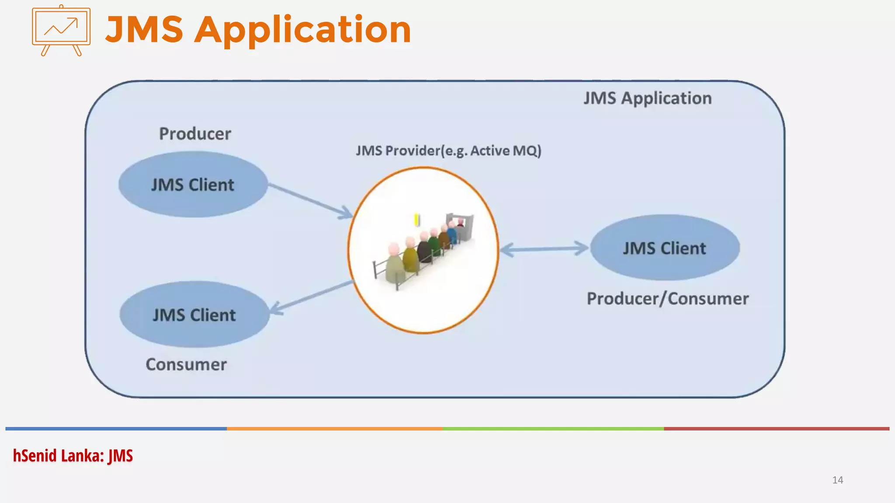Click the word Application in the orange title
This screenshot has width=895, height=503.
point(302,30)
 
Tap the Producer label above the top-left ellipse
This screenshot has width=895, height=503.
point(195,134)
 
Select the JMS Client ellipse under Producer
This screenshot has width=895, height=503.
point(193,185)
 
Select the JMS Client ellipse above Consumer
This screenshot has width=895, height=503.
point(194,315)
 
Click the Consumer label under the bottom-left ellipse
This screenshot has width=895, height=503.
point(186,365)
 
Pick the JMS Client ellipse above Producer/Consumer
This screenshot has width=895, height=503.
point(664,248)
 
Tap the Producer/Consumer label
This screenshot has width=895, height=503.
point(667,299)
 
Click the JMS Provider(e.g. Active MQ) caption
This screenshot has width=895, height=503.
point(448,151)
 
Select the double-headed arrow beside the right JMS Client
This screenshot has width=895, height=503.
point(544,249)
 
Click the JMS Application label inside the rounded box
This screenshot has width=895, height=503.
point(648,98)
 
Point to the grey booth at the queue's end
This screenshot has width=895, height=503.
point(464,225)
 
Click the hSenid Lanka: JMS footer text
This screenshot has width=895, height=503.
point(73,456)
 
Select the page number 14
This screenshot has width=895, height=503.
point(837,480)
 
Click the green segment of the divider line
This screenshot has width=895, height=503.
point(553,429)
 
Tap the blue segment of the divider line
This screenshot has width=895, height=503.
point(116,429)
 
